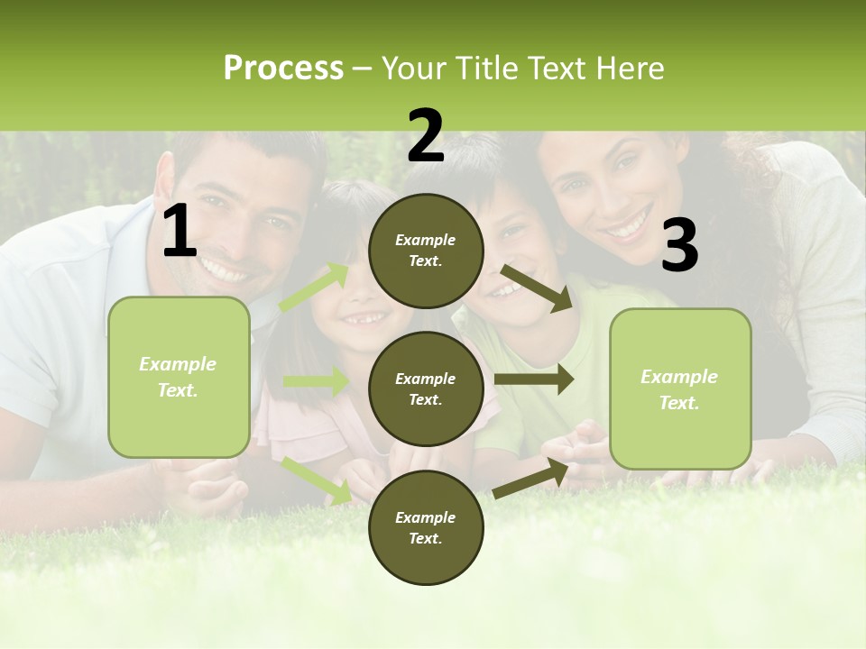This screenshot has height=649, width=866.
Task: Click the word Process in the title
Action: [283, 69]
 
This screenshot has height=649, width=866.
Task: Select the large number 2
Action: [426, 136]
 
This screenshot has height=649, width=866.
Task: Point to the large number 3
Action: [679, 246]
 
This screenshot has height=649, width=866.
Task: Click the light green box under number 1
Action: [179, 377]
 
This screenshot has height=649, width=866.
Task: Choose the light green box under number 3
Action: [680, 389]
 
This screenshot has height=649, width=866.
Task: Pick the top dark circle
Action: [426, 251]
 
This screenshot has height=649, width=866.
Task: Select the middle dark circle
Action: [426, 388]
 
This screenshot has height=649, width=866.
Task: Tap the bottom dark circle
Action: [426, 527]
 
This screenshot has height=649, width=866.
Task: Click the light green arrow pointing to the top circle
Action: [315, 288]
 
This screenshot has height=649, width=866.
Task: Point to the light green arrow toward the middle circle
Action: [316, 381]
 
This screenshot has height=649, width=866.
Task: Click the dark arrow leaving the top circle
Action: [537, 288]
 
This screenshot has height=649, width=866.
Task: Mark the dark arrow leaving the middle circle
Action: [533, 379]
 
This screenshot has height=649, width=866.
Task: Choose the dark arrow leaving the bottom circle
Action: [531, 479]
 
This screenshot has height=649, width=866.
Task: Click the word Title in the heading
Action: [487, 69]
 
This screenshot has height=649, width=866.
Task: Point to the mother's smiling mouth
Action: [629, 222]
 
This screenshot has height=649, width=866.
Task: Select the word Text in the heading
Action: [556, 69]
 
